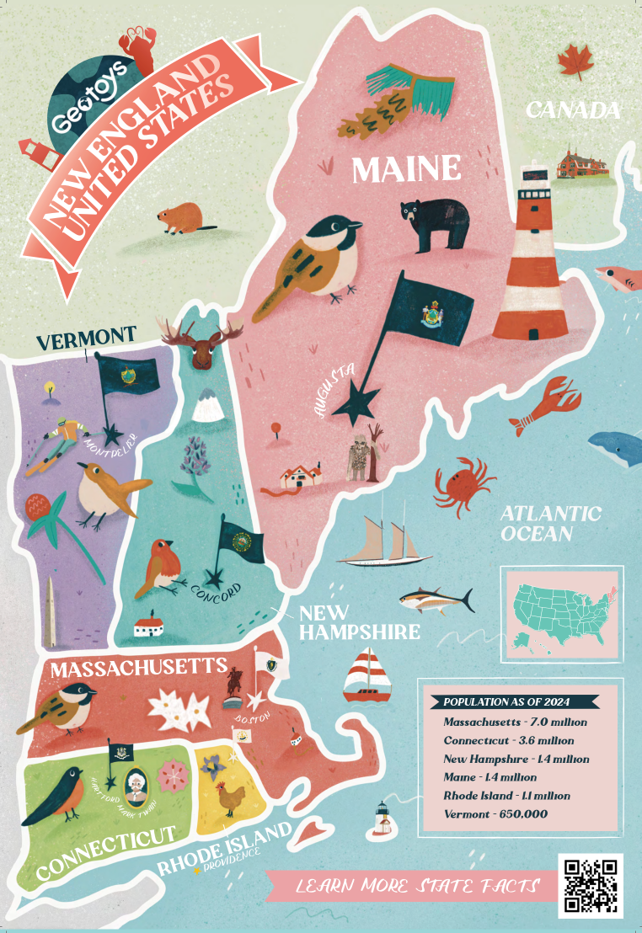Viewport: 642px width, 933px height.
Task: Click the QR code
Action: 591,885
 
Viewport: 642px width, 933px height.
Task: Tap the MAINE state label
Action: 406,169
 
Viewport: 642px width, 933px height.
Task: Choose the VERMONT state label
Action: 86,336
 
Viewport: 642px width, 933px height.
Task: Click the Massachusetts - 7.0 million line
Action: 515,722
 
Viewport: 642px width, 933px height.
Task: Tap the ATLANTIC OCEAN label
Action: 550,523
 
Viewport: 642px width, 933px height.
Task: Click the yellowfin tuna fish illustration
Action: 433,600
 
